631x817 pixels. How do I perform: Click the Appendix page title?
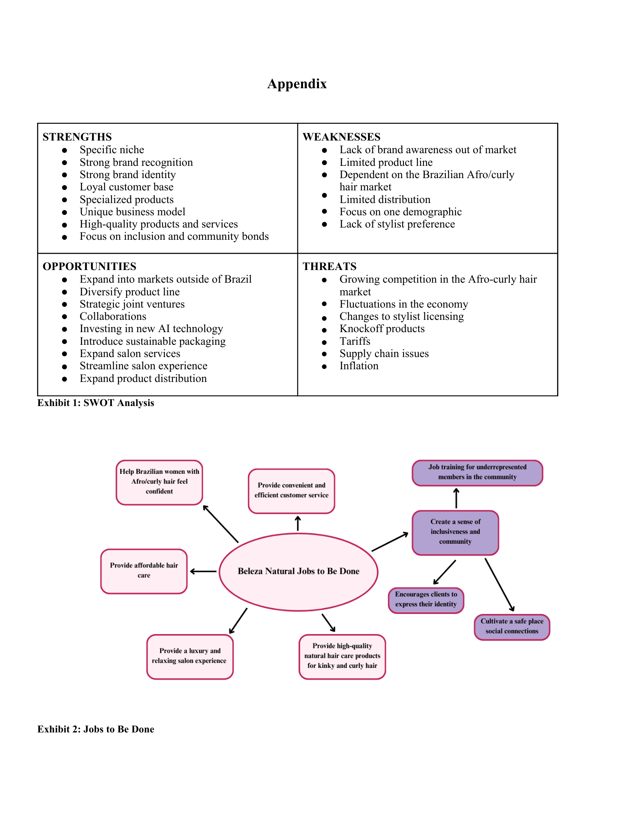coord(297,84)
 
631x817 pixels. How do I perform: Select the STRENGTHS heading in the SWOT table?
coord(77,137)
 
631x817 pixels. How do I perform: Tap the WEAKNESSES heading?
coord(341,137)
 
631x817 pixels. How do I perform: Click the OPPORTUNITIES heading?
coord(89,266)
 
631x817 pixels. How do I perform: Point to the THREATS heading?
coord(329,266)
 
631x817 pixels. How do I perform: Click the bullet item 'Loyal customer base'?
coord(126,187)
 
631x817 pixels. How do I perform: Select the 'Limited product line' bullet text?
coord(386,162)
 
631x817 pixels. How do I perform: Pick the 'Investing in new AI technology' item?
coord(151,329)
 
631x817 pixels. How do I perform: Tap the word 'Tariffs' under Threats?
coord(355,341)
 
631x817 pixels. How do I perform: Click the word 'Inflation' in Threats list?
coord(359,366)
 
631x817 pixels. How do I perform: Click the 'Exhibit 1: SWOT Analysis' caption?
coord(96,403)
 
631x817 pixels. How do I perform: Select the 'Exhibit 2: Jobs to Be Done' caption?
coord(96,729)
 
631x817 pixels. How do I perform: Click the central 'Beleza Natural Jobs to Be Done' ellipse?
coord(299,571)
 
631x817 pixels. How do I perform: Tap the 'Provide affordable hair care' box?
coord(144,571)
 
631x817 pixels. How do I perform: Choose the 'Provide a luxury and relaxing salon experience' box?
coord(190,656)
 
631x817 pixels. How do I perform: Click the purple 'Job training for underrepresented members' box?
coord(477,472)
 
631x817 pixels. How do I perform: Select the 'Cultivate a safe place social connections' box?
coord(512,626)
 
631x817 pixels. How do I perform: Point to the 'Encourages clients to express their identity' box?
coord(426,600)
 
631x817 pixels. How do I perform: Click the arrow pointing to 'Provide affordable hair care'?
coord(203,571)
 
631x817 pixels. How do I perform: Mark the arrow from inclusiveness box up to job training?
coord(456,498)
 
